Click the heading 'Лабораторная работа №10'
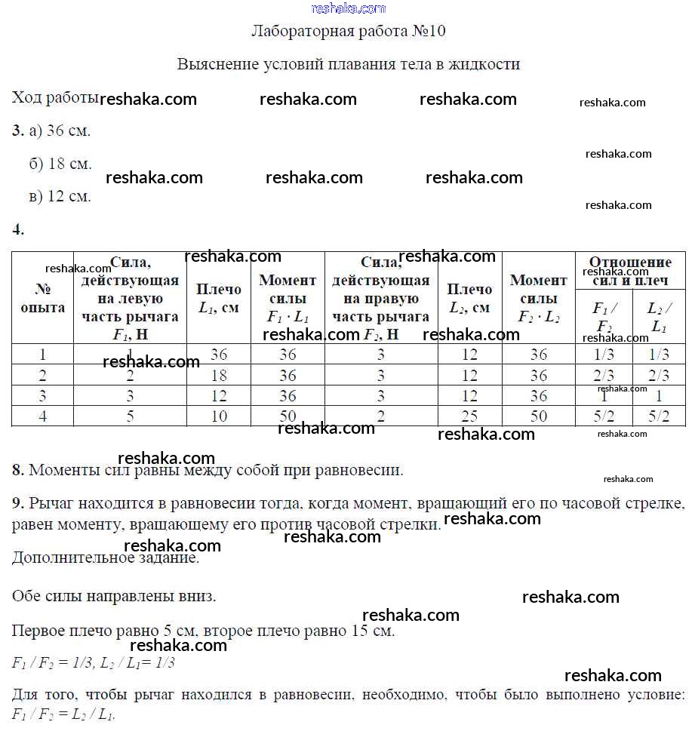(x=348, y=32)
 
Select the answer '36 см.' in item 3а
(x=68, y=131)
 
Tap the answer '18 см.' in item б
(x=69, y=164)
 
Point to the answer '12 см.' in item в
(x=69, y=197)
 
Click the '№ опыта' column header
(x=43, y=299)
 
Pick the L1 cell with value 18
(x=219, y=375)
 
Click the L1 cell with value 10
(x=219, y=416)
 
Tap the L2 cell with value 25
(x=469, y=416)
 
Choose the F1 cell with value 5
(x=130, y=416)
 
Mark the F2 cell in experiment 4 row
(x=380, y=416)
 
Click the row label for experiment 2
(x=43, y=375)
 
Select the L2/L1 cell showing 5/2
(x=658, y=416)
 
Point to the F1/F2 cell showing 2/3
(x=603, y=375)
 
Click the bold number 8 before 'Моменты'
(x=18, y=470)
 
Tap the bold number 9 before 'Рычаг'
(x=18, y=502)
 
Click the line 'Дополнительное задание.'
(x=106, y=558)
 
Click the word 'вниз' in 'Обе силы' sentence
(x=198, y=596)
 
